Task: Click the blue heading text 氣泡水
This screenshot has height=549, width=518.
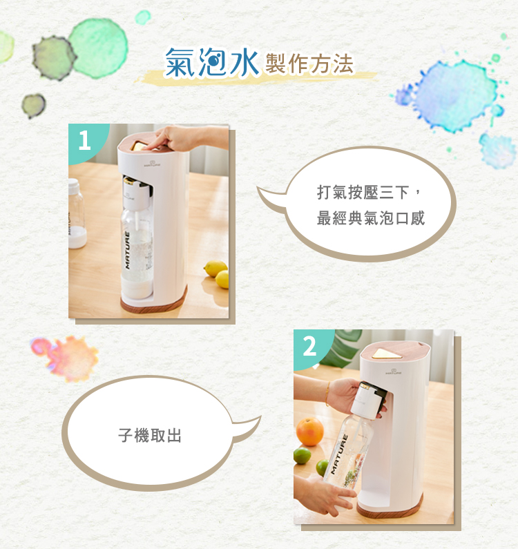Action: (212, 62)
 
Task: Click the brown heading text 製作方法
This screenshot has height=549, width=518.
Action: (309, 64)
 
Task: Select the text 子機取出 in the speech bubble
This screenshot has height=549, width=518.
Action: (150, 436)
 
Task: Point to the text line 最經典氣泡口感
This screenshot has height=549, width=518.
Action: (371, 218)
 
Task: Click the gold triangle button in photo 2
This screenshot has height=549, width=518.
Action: (387, 353)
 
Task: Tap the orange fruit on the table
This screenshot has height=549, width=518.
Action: (309, 432)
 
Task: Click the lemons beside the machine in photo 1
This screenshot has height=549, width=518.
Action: (217, 273)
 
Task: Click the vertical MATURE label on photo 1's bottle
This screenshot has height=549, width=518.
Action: (127, 251)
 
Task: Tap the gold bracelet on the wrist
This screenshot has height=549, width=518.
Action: (327, 394)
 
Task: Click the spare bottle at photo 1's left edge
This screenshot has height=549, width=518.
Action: (77, 213)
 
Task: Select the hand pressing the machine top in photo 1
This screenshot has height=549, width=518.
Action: (179, 138)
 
